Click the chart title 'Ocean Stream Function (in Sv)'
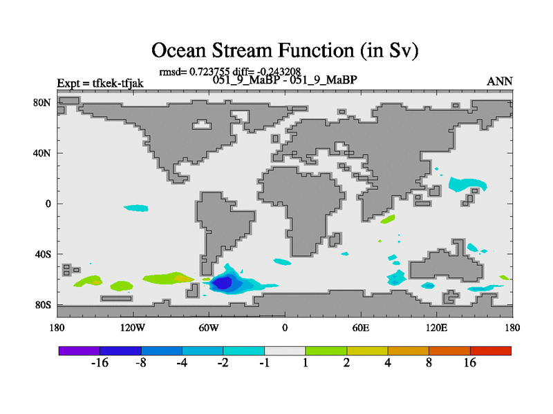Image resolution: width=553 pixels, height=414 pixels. (285, 50)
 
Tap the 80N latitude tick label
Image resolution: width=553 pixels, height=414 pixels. (42, 103)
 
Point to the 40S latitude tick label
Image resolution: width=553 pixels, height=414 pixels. (42, 254)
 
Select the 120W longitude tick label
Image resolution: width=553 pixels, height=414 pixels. (133, 328)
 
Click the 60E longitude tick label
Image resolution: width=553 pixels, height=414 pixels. (361, 328)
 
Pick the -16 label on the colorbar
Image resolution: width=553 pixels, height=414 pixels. (100, 363)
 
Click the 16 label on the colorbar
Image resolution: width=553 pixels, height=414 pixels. (470, 363)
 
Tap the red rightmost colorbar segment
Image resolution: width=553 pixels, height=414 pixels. (491, 351)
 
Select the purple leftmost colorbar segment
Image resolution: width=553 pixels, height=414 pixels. (79, 351)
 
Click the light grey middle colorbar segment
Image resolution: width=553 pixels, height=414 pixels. (285, 351)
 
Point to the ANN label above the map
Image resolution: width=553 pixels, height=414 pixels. (499, 81)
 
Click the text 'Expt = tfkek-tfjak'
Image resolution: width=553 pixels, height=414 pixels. (100, 83)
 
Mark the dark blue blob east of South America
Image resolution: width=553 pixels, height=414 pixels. (222, 283)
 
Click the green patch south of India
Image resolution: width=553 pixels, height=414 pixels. (388, 219)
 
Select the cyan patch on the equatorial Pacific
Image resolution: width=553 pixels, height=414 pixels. (136, 208)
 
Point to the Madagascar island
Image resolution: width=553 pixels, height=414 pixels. (335, 239)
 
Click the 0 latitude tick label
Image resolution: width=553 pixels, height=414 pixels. (48, 204)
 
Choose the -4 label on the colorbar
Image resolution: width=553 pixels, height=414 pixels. (182, 363)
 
